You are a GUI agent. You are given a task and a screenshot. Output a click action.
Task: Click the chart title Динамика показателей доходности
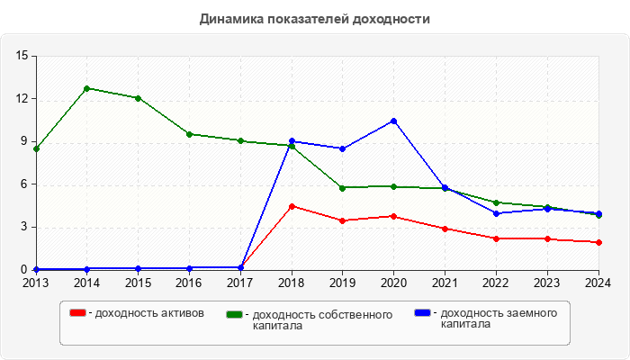point(314,19)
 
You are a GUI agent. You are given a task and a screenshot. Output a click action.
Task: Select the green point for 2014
point(86,88)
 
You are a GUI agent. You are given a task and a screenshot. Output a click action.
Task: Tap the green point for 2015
point(138,98)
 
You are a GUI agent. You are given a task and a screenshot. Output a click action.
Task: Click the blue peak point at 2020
point(394,121)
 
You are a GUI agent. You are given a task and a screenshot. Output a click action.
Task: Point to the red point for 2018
point(292,206)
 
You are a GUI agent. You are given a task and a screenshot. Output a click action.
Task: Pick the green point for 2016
point(189,134)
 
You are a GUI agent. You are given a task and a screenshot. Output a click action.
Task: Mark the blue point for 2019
point(343,148)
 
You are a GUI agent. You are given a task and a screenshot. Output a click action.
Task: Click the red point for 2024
point(598,242)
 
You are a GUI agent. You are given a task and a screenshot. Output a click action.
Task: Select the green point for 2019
point(343,187)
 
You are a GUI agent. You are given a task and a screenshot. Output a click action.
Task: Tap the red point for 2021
point(445,229)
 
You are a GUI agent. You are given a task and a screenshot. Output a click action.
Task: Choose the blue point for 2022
point(497,213)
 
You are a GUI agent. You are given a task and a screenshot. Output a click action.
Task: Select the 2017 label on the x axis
point(240,283)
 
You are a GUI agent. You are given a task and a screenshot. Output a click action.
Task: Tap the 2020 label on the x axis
point(394,283)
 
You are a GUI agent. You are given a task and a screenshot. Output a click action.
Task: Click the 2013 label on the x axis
point(36,283)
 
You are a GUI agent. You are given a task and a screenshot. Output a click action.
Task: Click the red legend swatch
point(78,312)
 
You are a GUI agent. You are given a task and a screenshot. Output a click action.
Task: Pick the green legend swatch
point(235,314)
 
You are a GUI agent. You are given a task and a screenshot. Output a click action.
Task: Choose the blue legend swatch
point(422,312)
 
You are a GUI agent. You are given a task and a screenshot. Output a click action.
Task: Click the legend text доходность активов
point(149,313)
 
